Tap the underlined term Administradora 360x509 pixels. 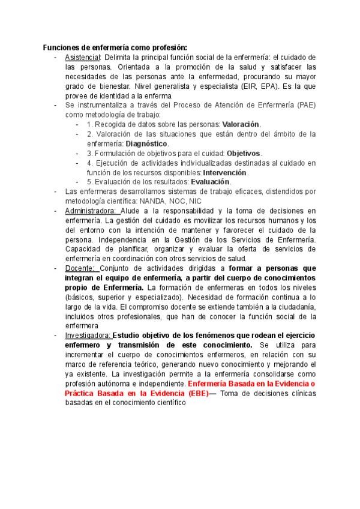point(91,211)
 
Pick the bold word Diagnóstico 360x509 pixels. point(147,143)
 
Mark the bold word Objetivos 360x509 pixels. point(244,153)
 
